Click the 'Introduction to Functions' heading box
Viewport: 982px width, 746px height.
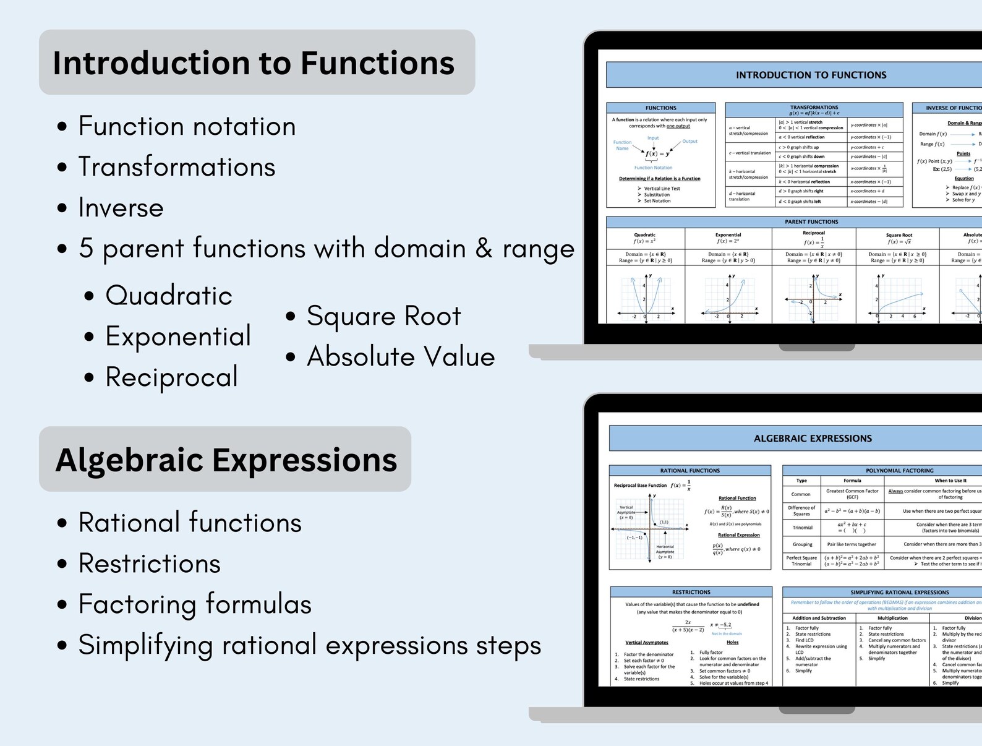click(x=257, y=62)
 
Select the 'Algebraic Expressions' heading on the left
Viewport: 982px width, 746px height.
click(x=225, y=460)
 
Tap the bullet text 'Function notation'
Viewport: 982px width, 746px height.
click(x=187, y=126)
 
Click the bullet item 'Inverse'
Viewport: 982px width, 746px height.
click(x=121, y=208)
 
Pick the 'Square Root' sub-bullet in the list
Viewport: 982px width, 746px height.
click(x=383, y=316)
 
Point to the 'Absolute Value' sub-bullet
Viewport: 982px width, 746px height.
click(x=401, y=357)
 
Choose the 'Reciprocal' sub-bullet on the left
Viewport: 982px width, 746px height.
click(x=171, y=377)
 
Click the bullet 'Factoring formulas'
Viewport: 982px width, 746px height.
click(x=195, y=604)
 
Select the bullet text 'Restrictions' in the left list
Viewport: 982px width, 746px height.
click(x=149, y=564)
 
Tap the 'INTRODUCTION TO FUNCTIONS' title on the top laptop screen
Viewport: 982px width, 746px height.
click(x=811, y=75)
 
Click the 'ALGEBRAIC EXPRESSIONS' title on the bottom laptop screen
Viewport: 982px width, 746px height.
click(x=813, y=439)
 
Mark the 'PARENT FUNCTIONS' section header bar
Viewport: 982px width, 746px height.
click(x=811, y=221)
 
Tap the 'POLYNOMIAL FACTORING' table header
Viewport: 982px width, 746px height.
click(x=899, y=471)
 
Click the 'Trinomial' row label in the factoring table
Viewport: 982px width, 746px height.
click(x=802, y=528)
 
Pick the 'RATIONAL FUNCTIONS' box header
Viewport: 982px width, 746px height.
click(x=690, y=471)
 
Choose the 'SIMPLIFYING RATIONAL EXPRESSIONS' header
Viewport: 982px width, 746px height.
click(x=899, y=592)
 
